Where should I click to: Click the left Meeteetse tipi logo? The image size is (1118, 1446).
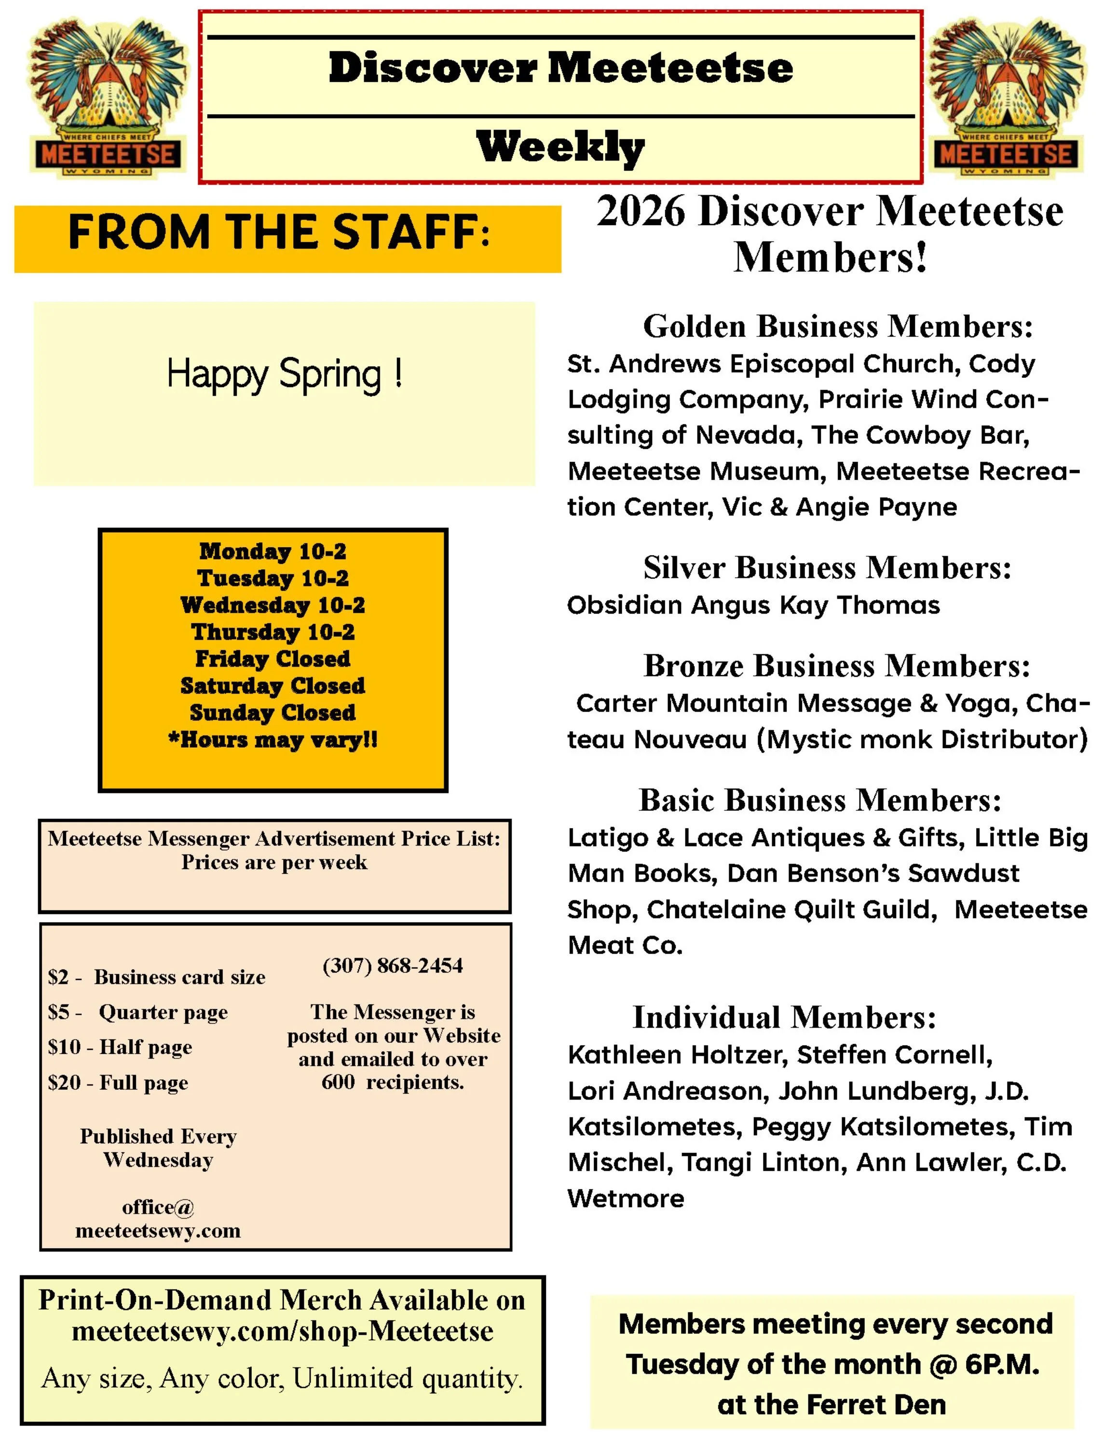pyautogui.click(x=106, y=97)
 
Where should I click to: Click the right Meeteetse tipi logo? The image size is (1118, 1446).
pyautogui.click(x=1006, y=97)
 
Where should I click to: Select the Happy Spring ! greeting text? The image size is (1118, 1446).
pyautogui.click(x=284, y=374)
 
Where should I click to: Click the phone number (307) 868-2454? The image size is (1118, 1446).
pyautogui.click(x=393, y=965)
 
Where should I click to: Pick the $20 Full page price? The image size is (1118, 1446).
pyautogui.click(x=118, y=1083)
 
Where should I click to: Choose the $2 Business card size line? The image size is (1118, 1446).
pyautogui.click(x=156, y=977)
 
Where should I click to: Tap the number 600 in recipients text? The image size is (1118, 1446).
pyautogui.click(x=338, y=1082)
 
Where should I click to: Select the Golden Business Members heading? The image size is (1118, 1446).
pyautogui.click(x=838, y=326)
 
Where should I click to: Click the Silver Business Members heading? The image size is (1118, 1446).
pyautogui.click(x=827, y=567)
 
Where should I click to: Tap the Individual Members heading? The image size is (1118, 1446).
pyautogui.click(x=784, y=1017)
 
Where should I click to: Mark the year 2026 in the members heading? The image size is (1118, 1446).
pyautogui.click(x=641, y=212)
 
